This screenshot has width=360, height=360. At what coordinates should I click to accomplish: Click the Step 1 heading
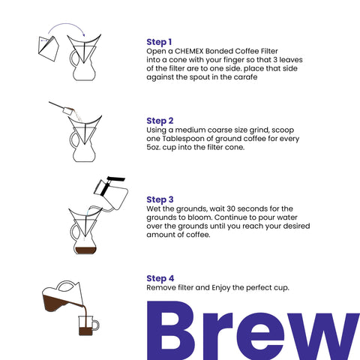[160, 41]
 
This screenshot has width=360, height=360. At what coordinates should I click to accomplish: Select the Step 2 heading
[160, 120]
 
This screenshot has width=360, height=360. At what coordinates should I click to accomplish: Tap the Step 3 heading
[160, 199]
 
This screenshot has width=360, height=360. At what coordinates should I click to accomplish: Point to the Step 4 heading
[160, 277]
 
